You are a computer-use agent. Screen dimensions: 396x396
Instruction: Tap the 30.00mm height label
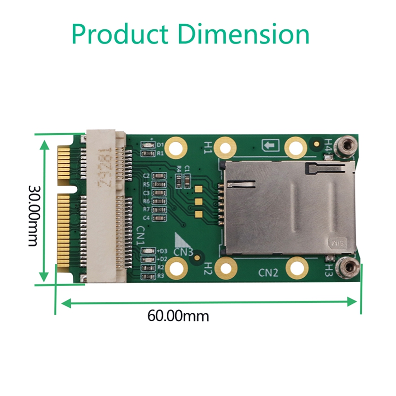pyautogui.click(x=33, y=215)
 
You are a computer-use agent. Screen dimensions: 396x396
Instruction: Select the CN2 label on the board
pyautogui.click(x=269, y=272)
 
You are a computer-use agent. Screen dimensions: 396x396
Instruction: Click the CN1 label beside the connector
pyautogui.click(x=140, y=236)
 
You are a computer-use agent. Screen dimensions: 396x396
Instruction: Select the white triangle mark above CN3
pyautogui.click(x=183, y=240)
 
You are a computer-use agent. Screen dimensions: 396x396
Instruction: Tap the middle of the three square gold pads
pyautogui.click(x=198, y=201)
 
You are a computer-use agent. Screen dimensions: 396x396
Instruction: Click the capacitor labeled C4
pyautogui.click(x=158, y=217)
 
